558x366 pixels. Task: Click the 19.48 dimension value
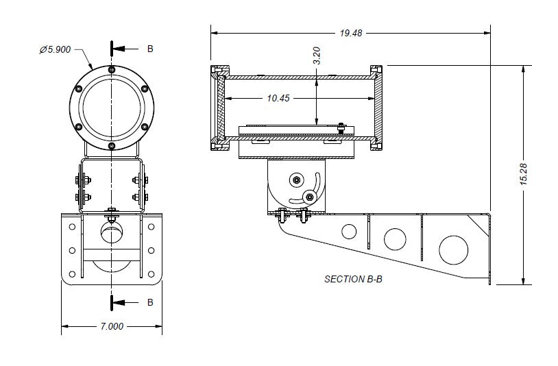point(350,32)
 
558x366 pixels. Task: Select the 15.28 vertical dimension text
point(523,174)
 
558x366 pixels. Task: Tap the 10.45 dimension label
point(278,98)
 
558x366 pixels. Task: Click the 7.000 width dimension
point(111,326)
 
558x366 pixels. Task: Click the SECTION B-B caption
point(354,279)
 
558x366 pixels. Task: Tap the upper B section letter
point(151,49)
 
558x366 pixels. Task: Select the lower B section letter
point(150,302)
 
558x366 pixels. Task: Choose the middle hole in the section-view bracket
point(395,239)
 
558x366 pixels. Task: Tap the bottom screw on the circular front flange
point(111,145)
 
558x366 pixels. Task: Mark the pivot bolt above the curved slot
point(296,180)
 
